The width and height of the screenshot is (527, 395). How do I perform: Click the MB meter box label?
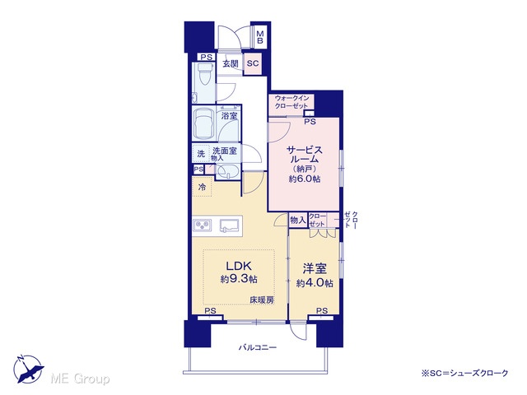coord(260,37)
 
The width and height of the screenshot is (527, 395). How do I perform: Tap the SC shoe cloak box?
coord(253,63)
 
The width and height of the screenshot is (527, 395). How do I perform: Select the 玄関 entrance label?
coord(231,63)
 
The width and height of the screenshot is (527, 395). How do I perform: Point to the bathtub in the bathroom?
coord(205,124)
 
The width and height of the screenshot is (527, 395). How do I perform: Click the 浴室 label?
coord(230,116)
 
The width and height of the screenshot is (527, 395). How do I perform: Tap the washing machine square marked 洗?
coord(201,154)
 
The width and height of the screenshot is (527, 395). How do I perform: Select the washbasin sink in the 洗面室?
coord(227,173)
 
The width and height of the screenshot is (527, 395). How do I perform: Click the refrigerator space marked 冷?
coord(202,187)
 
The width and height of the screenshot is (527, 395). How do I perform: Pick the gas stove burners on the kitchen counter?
coord(203,225)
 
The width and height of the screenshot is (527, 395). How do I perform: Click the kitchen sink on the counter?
coord(230,225)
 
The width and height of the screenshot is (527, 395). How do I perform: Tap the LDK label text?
coord(239,266)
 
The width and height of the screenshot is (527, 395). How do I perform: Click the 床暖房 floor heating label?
coord(262,300)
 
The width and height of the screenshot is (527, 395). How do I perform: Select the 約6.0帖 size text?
coord(305,179)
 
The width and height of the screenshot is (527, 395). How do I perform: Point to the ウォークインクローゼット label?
coord(291,102)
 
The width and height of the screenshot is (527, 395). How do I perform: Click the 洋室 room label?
coord(315,268)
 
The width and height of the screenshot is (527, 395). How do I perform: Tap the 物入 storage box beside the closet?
coord(298,220)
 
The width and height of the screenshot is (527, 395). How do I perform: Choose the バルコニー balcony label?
coord(258,347)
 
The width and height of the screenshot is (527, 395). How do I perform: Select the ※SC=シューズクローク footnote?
coord(464,373)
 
